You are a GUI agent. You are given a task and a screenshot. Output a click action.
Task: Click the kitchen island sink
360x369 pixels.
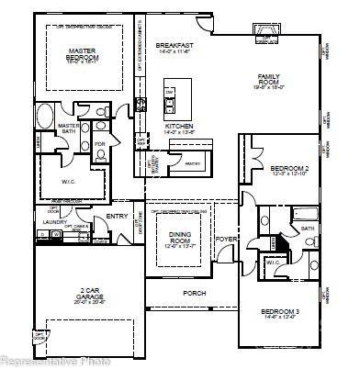tap(170, 95)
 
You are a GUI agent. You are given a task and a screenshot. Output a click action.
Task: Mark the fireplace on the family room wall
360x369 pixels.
tap(266, 35)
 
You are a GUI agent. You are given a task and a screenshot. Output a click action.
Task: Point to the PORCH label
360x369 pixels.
tap(195, 295)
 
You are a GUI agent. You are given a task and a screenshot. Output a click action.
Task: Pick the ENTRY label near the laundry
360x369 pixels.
tap(117, 217)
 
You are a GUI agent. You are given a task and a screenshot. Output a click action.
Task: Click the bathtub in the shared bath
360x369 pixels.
tap(303, 215)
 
